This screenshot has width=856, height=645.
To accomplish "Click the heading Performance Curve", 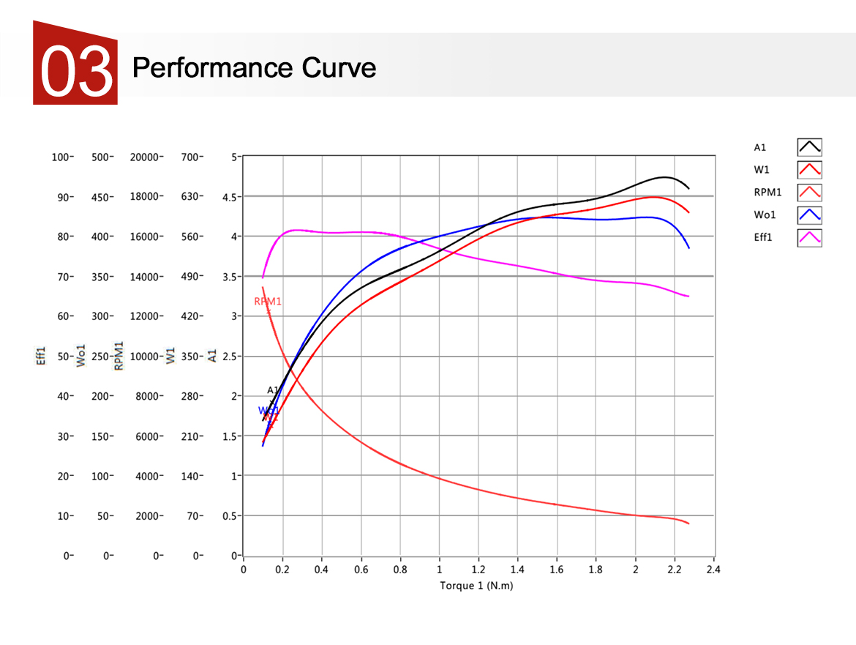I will click(254, 68).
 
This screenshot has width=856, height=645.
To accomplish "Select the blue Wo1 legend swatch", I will click(809, 215).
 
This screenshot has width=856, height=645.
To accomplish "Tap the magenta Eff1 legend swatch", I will click(809, 237).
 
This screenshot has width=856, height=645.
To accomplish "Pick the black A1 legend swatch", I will click(809, 147).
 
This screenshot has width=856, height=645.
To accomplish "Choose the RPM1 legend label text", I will click(767, 193).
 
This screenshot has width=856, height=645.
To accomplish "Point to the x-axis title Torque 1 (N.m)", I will click(476, 586).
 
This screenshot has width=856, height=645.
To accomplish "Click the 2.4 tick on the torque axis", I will click(713, 570).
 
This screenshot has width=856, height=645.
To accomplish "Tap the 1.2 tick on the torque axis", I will click(478, 570).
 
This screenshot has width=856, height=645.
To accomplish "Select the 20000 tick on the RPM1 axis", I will click(145, 157).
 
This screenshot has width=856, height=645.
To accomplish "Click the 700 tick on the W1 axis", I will click(192, 157).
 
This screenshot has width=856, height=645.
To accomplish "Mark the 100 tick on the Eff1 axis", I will click(61, 157).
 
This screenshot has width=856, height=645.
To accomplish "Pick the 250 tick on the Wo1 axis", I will click(100, 357).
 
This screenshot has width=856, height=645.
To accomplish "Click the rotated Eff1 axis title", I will click(42, 357).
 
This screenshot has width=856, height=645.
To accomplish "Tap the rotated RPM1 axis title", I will click(119, 356).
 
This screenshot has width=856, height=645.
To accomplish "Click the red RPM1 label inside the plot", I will click(268, 302).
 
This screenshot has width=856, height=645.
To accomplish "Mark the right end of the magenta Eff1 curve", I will click(688, 296).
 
